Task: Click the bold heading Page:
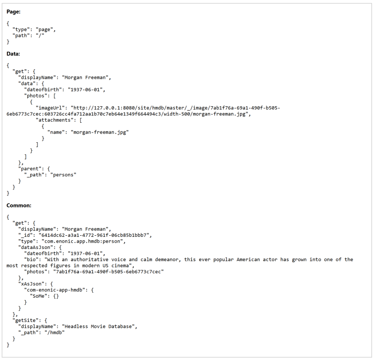tap(13, 12)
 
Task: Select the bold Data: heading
tap(13, 54)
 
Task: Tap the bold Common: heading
tap(19, 206)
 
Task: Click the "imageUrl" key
tap(50, 108)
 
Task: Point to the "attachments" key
tap(54, 120)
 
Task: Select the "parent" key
tap(29, 169)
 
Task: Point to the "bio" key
tap(32, 259)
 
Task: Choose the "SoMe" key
tap(39, 296)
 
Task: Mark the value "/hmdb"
tap(55, 332)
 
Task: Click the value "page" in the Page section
tap(44, 29)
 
